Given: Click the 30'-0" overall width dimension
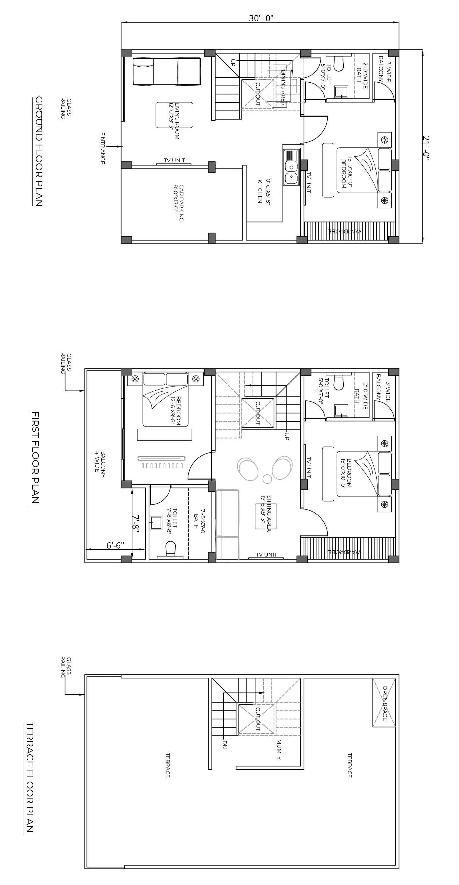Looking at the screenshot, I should click(x=261, y=18).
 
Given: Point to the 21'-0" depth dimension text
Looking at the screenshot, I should click(x=426, y=148).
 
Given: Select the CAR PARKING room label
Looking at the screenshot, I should click(x=179, y=203).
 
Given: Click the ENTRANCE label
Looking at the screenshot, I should click(x=103, y=148).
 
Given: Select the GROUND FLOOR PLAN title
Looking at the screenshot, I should click(x=39, y=151).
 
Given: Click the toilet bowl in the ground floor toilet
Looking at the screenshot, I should click(x=338, y=64).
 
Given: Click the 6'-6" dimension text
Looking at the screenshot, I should click(x=115, y=546).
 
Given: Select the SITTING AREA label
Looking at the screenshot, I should click(x=266, y=513).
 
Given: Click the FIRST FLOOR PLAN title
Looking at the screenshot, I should click(x=35, y=458).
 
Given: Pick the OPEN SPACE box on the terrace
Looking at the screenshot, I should click(x=384, y=703).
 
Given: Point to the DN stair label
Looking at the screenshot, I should click(x=225, y=744).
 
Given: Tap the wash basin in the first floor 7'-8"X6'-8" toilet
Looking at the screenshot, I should click(x=156, y=523).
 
